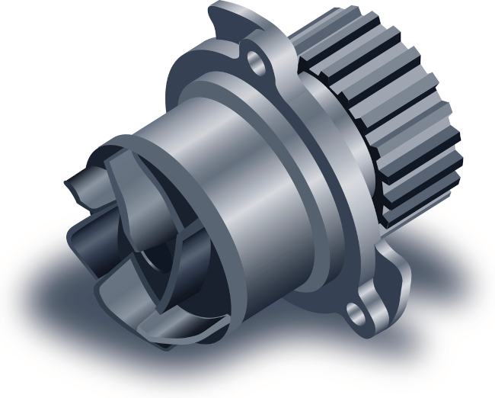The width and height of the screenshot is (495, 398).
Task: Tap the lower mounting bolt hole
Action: pos(356,309)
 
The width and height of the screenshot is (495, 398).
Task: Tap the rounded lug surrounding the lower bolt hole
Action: pos(366,305)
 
